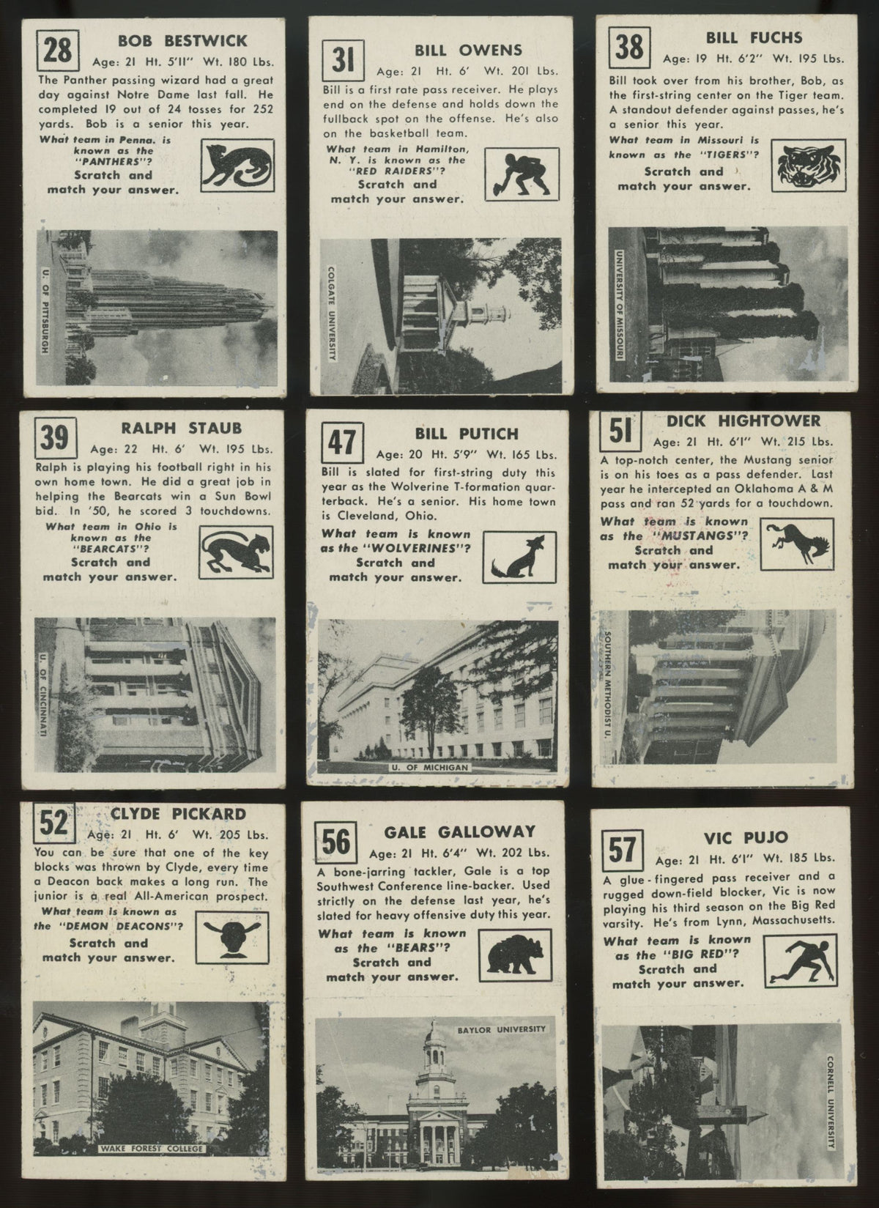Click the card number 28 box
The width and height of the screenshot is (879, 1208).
point(58,50)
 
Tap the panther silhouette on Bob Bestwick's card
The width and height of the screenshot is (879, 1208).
point(237,166)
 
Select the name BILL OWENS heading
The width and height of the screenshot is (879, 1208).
point(468,50)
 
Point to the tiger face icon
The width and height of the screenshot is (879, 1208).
point(808,166)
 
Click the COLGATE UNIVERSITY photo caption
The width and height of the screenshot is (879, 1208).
point(331,313)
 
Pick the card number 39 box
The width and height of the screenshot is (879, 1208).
point(56,438)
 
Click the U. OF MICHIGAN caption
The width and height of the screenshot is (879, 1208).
point(430,767)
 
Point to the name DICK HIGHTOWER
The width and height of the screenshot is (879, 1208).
point(743,420)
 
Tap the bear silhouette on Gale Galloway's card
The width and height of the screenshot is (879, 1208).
point(515,955)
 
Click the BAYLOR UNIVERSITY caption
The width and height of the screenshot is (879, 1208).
point(502,1029)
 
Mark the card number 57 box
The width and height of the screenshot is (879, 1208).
point(622,851)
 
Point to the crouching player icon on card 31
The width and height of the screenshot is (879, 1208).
point(521,175)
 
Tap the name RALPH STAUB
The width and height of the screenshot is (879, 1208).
point(181,429)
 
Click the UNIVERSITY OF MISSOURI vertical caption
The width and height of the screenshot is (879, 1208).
point(620,305)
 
